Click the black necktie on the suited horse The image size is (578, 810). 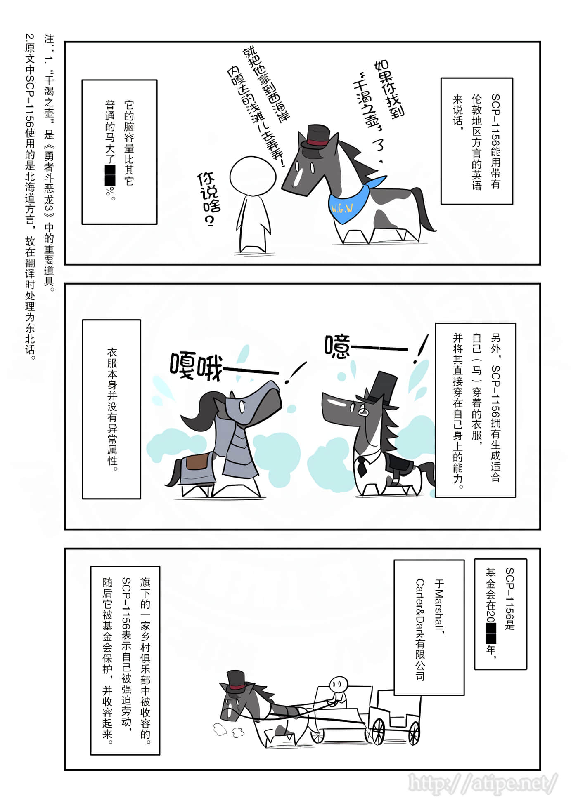point(362,466)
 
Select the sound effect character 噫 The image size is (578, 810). point(337,346)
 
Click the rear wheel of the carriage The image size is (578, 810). point(414,733)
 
